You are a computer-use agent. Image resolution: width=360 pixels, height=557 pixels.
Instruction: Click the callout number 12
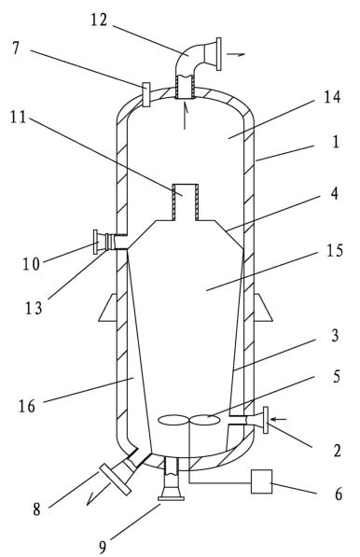coord(99,20)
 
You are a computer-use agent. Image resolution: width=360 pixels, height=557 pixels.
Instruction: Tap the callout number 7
coord(16,48)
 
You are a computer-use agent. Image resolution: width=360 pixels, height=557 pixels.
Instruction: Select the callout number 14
coord(332,97)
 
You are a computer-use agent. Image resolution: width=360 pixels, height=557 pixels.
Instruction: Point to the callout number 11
coord(18,117)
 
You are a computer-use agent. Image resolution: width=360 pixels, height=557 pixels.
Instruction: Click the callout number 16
coord(27,406)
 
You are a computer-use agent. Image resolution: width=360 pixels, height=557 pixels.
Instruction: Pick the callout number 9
coord(103,547)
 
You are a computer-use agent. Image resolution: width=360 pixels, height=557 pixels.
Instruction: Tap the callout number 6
coord(339,494)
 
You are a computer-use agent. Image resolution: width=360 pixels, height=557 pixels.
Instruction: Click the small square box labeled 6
coord(262,481)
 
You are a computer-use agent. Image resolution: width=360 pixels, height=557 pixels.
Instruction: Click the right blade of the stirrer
coord(204,420)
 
